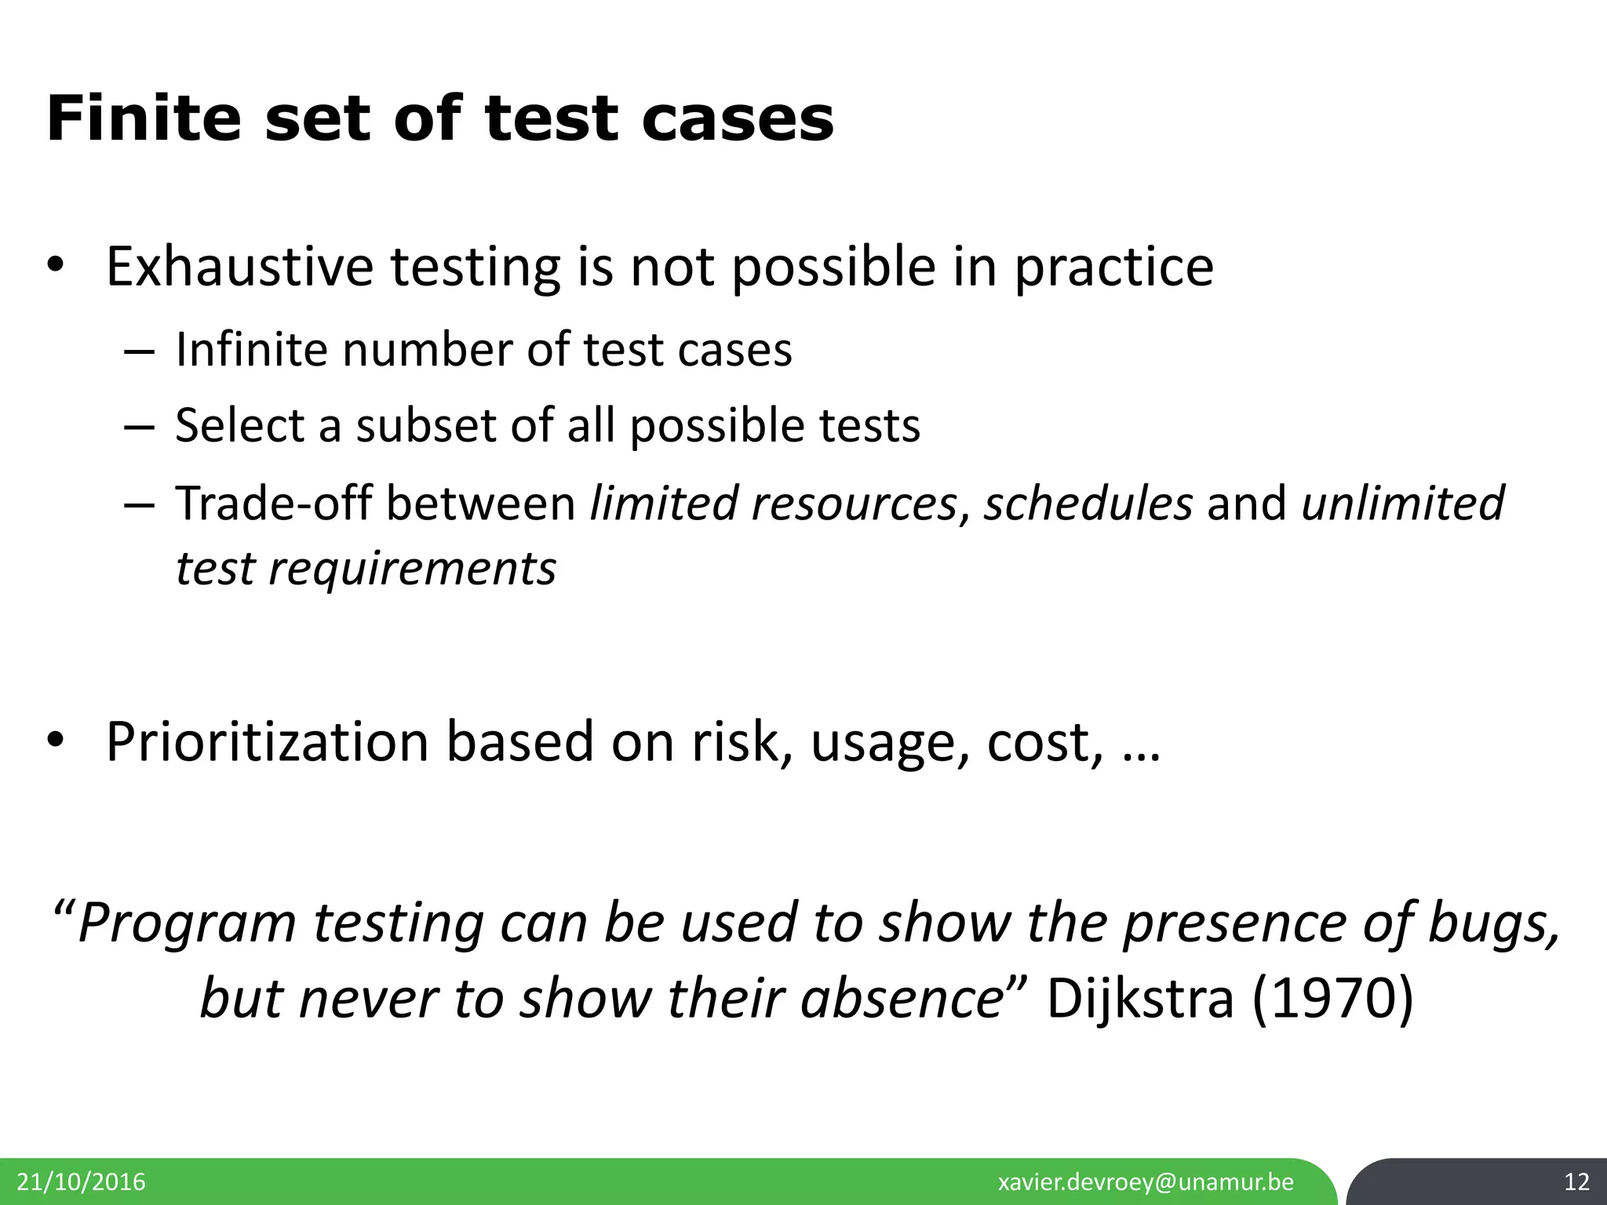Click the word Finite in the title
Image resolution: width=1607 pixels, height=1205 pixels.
(144, 119)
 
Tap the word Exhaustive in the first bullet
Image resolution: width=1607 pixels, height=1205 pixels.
(239, 267)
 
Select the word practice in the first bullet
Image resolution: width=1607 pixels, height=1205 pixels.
(1113, 267)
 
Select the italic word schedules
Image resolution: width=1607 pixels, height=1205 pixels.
(1088, 503)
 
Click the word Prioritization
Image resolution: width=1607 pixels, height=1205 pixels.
(267, 741)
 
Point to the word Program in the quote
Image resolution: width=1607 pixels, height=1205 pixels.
(187, 923)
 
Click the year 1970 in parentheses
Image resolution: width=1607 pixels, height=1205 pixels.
(1332, 999)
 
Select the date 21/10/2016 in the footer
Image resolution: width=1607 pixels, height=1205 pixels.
(81, 1182)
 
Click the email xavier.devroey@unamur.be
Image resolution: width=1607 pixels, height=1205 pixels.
(1146, 1182)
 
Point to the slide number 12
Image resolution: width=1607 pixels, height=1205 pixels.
(1576, 1182)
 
